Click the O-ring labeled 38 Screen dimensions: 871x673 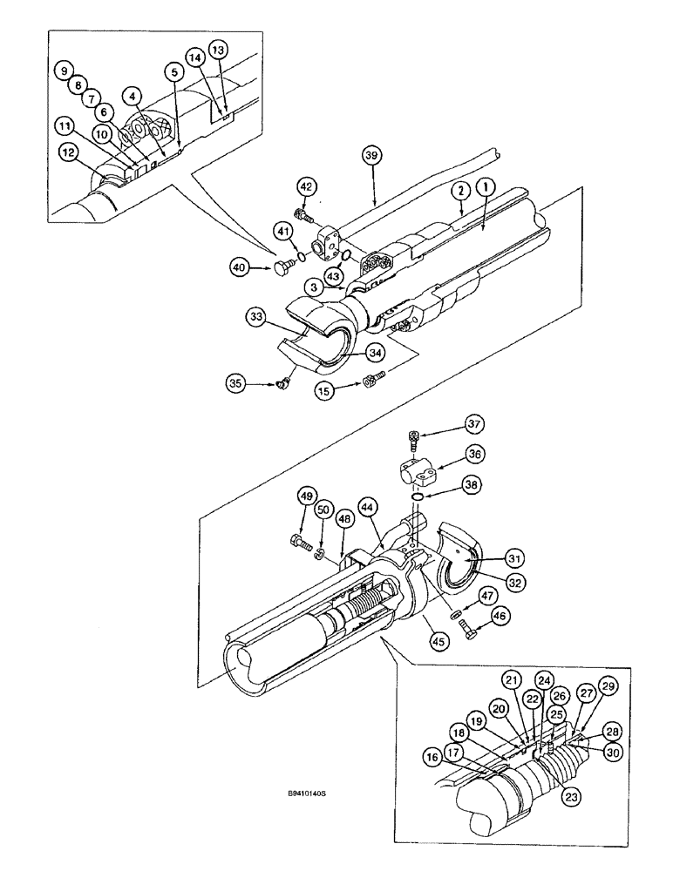pos(419,497)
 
